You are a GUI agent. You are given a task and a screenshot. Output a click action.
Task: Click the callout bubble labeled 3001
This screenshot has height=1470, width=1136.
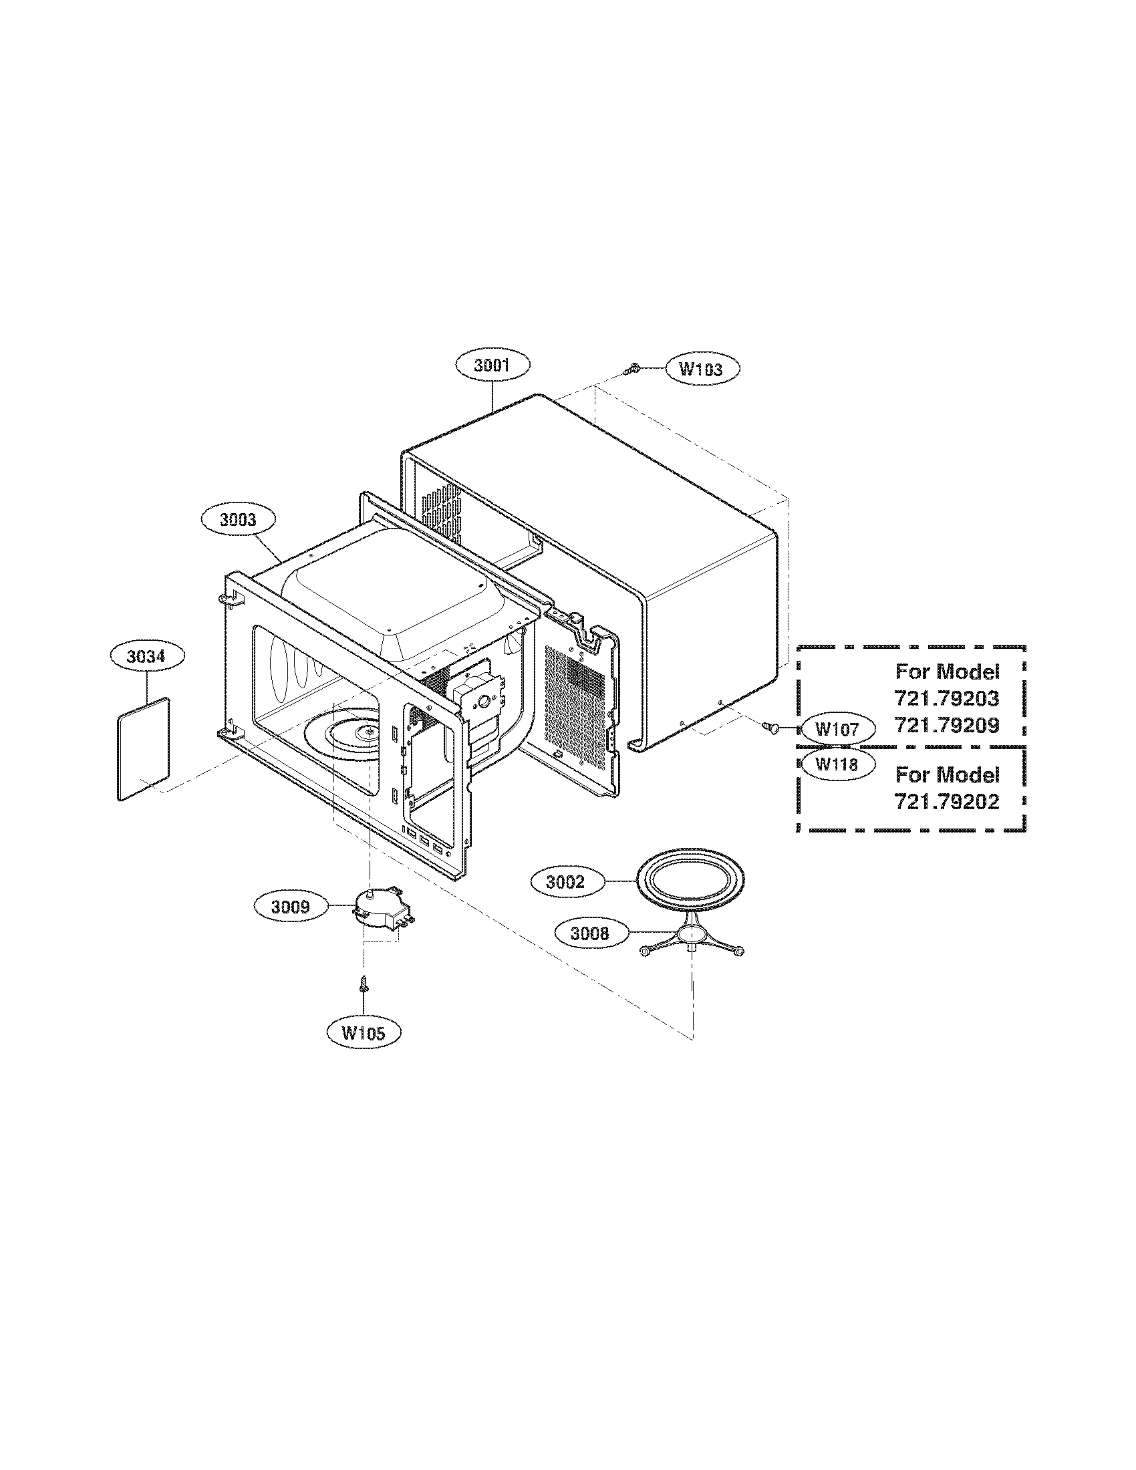tap(492, 365)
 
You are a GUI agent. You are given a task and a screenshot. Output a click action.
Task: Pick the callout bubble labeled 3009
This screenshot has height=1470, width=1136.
tap(291, 907)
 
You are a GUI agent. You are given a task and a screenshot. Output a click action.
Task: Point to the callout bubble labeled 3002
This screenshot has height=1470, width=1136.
tap(566, 882)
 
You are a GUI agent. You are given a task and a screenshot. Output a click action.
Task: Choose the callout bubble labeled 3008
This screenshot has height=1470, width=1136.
tap(590, 933)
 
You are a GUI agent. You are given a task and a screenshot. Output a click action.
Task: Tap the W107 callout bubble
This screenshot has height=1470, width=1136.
tap(837, 729)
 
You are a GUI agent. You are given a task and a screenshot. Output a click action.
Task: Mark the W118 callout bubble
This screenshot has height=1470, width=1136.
tap(837, 764)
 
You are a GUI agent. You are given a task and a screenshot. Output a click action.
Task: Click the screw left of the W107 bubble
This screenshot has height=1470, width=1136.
tap(770, 727)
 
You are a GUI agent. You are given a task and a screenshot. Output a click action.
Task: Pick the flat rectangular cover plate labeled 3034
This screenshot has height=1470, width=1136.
tap(144, 749)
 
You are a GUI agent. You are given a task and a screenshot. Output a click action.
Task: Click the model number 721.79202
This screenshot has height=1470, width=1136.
tap(946, 802)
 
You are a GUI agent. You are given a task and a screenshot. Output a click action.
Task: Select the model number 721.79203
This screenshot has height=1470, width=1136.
tap(946, 698)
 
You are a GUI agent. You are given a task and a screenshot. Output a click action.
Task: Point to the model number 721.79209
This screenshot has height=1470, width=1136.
tap(946, 726)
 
